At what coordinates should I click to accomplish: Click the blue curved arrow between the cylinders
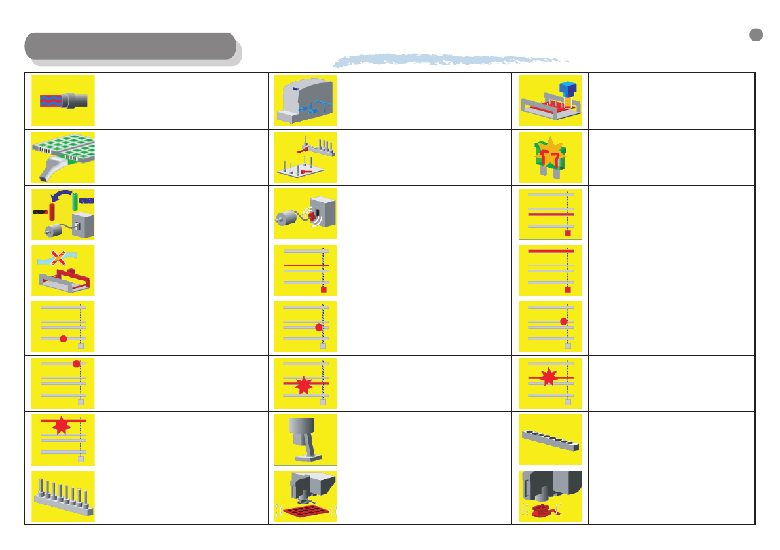[61, 195]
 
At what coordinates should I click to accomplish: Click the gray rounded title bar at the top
[130, 46]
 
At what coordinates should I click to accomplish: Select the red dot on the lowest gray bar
[63, 339]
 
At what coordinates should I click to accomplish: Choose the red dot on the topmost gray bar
[77, 363]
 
